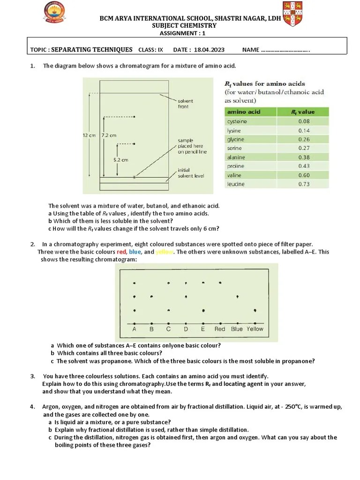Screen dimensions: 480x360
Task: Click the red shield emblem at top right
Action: pyautogui.click(x=292, y=14)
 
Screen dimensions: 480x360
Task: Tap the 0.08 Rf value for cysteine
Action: pyautogui.click(x=303, y=121)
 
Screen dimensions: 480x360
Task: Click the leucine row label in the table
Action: pyautogui.click(x=236, y=184)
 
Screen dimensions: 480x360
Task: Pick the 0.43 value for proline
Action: pyautogui.click(x=303, y=166)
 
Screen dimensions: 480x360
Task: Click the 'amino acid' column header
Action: pyautogui.click(x=244, y=112)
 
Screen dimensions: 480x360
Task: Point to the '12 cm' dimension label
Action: pyautogui.click(x=89, y=135)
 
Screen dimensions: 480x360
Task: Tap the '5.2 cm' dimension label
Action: pyautogui.click(x=121, y=160)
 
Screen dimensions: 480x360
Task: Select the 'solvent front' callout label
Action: pyautogui.click(x=185, y=104)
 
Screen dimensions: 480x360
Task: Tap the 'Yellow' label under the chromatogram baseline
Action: pyautogui.click(x=255, y=329)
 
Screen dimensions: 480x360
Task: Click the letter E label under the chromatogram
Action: pyautogui.click(x=202, y=329)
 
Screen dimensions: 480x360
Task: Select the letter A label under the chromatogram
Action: pyautogui.click(x=135, y=329)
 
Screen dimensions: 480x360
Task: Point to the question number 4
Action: pyautogui.click(x=32, y=406)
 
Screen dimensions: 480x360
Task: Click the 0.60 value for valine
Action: pyautogui.click(x=303, y=175)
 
